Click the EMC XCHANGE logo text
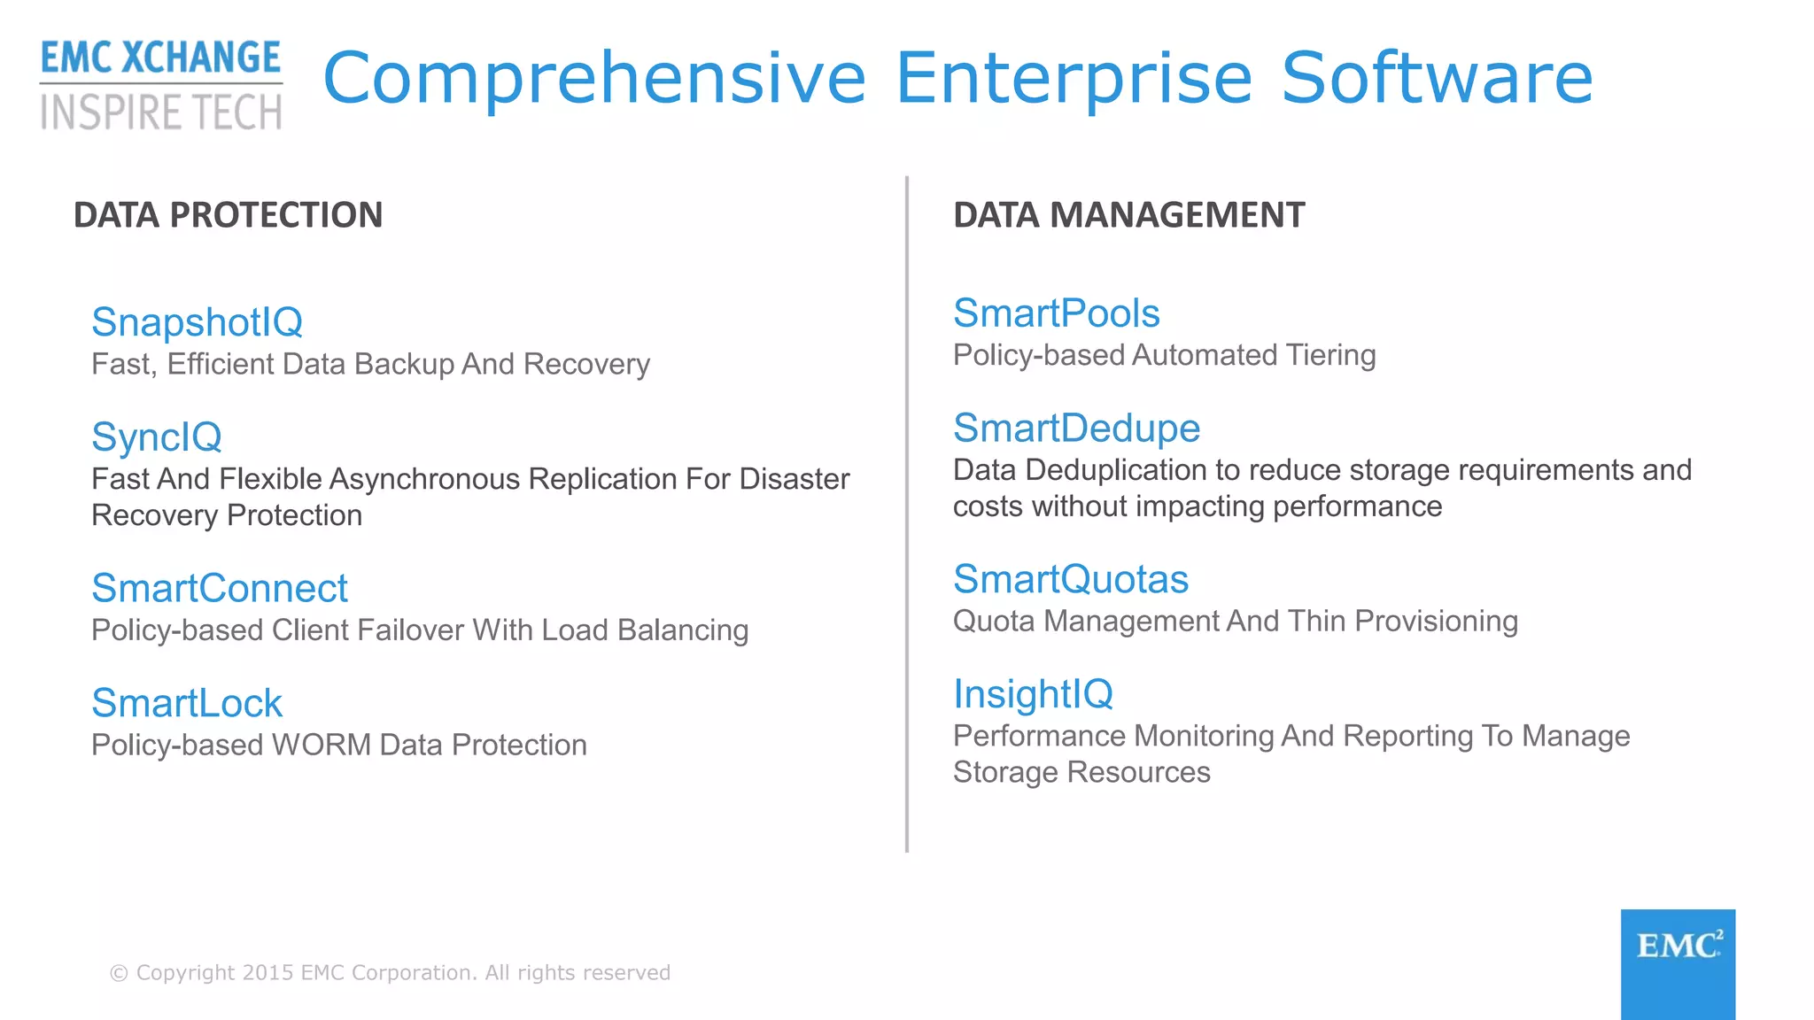(160, 58)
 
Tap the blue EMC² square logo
(1678, 963)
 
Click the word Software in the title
(1437, 78)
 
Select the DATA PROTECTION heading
(228, 215)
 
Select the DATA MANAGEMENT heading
(1128, 215)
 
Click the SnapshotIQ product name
(197, 322)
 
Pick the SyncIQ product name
(157, 437)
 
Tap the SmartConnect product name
(220, 589)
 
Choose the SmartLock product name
(187, 704)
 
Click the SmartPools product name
(1056, 313)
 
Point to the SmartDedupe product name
(1076, 429)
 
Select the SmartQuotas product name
(1070, 580)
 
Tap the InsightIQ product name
(1033, 694)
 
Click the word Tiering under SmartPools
(1330, 355)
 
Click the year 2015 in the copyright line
(267, 973)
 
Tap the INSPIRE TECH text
(160, 112)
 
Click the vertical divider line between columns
(907, 514)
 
